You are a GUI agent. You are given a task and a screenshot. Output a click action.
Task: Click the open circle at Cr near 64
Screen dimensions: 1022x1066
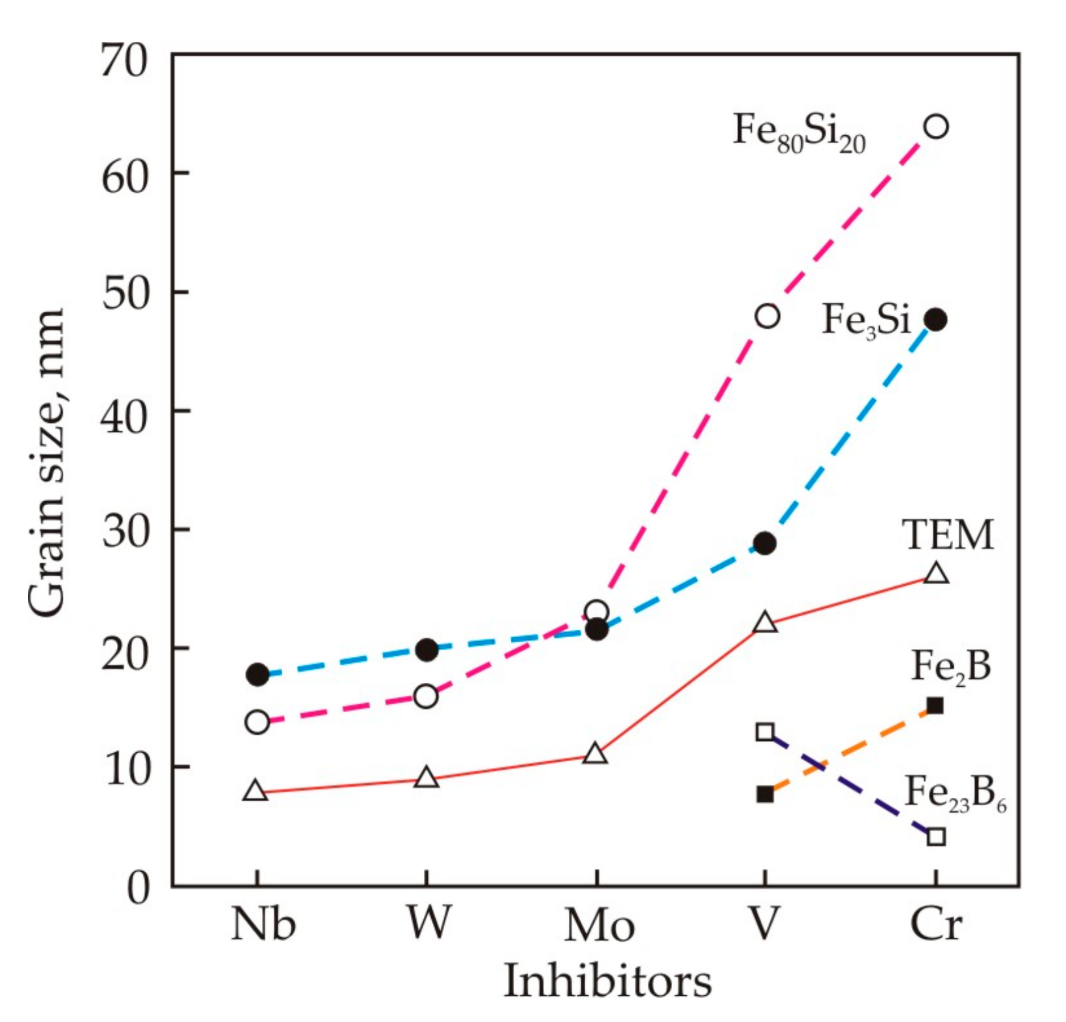[x=936, y=126]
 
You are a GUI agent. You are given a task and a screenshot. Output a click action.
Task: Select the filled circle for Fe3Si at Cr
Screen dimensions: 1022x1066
[x=936, y=320]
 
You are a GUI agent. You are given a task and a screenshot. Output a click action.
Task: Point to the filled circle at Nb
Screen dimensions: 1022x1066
[x=257, y=674]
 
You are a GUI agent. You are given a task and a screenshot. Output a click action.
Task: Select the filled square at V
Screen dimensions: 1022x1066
[x=765, y=794]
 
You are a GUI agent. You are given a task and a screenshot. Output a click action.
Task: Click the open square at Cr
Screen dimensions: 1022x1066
[x=936, y=836]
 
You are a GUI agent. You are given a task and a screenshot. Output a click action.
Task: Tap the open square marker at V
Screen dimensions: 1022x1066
[x=765, y=731]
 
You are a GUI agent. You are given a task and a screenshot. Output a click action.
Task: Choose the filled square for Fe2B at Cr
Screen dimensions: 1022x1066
[x=935, y=706]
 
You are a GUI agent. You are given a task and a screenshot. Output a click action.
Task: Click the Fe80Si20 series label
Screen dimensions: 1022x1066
[x=799, y=131]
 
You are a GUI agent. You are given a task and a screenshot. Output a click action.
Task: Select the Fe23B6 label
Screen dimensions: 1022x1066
[x=954, y=794]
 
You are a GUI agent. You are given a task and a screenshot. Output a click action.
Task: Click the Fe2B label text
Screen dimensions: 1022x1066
[x=951, y=667]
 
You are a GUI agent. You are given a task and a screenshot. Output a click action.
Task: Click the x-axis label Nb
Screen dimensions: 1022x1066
[x=263, y=925]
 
